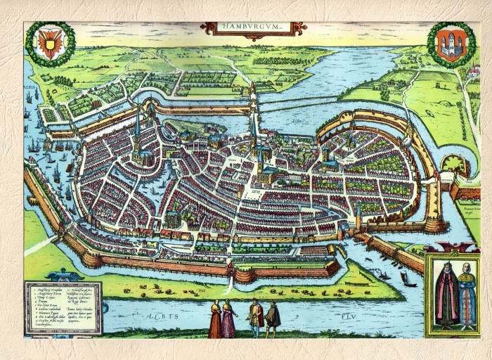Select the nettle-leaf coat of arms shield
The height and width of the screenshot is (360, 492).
pyautogui.click(x=50, y=44)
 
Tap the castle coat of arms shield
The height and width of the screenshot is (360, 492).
pyautogui.click(x=451, y=44)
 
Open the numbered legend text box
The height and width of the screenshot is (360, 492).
pyautogui.click(x=63, y=307)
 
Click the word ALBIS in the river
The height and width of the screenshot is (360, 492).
pyautogui.click(x=169, y=317)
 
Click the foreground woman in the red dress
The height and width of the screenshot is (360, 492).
pyautogui.click(x=214, y=320)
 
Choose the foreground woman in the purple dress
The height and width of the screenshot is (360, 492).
pyautogui.click(x=228, y=320)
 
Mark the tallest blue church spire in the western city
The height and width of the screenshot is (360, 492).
pyautogui.click(x=138, y=130)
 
